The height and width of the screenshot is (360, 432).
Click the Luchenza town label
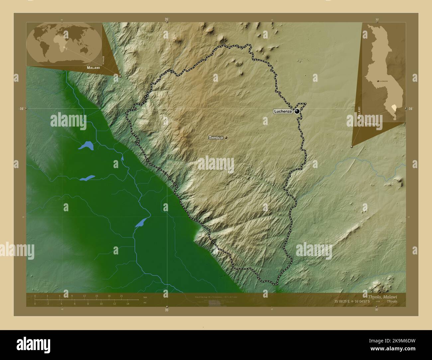pos(283,112)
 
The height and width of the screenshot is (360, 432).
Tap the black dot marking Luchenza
pos(297,112)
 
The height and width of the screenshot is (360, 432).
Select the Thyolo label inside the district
pos(216,137)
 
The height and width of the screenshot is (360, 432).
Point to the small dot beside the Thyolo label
pos(226,137)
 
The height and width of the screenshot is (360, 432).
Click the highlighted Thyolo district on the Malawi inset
pos(394,107)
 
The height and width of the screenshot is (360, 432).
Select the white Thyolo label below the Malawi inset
pos(371,124)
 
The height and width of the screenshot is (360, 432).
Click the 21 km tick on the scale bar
pos(121,296)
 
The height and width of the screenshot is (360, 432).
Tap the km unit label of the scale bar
pos(145,297)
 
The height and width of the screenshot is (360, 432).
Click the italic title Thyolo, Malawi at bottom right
pos(382,297)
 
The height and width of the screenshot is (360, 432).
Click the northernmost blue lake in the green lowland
pos(86,145)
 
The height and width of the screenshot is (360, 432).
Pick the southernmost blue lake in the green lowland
pos(141,222)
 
